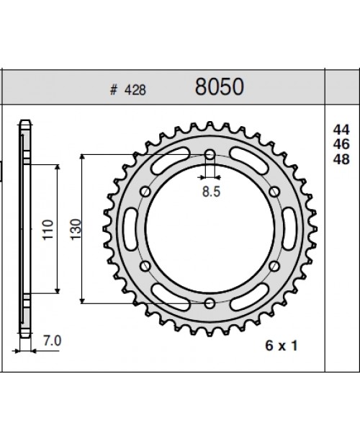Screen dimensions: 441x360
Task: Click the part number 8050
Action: click(219, 87)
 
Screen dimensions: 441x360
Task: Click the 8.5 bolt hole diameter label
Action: click(210, 192)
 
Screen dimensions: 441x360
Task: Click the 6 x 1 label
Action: click(281, 347)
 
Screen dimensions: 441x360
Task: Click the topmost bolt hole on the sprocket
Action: click(210, 154)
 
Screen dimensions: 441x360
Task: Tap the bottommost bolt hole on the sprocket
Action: click(210, 302)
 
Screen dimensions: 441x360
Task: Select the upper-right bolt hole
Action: click(274, 191)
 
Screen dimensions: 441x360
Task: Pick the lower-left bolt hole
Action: click(145, 265)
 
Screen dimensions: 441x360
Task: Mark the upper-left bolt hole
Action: click(145, 191)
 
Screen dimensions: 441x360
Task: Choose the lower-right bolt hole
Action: click(274, 265)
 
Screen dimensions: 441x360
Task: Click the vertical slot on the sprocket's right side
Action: click(290, 228)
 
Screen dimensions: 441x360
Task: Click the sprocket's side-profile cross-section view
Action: click(26, 231)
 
